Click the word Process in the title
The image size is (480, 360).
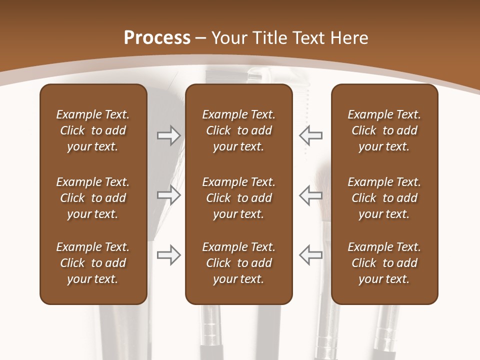157,38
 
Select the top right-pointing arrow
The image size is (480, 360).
168,135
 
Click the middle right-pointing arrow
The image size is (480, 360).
168,195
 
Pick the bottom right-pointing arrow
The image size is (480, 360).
168,254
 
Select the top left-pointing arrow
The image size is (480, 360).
311,135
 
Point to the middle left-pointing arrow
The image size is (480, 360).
311,195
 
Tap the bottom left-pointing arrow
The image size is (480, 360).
311,254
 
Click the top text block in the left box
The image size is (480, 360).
93,130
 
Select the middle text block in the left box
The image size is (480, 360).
93,198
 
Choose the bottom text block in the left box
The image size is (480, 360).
93,263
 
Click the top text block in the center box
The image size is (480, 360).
238,130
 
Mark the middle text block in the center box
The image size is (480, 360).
238,198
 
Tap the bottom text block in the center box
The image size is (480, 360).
238,263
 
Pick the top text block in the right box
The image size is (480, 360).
384,130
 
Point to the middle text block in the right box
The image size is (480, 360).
384,198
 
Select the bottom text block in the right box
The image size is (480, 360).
384,263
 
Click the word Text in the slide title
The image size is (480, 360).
309,38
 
